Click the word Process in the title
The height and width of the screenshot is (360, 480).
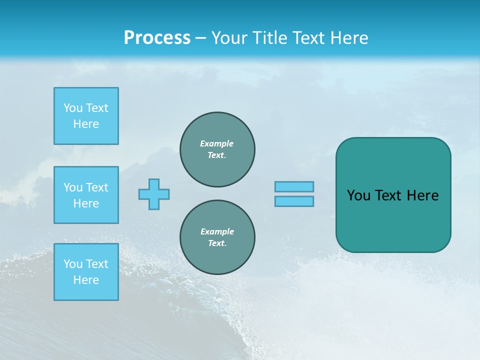click(157, 38)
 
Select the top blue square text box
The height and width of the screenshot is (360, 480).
click(86, 116)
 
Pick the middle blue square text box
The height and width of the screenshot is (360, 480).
click(86, 195)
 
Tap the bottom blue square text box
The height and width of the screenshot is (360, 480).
click(86, 272)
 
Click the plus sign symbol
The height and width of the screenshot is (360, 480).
click(154, 194)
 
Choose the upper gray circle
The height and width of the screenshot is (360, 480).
click(217, 149)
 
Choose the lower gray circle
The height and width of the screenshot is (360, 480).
click(217, 237)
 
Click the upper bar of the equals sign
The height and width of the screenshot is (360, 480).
click(294, 186)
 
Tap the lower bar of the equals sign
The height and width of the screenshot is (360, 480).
click(294, 201)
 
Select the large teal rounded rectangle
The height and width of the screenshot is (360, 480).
click(393, 220)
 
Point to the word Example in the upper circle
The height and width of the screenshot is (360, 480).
click(216, 143)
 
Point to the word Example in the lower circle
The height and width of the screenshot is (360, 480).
click(217, 231)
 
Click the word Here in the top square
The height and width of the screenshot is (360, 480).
click(86, 124)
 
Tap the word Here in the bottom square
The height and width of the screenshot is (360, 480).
click(86, 280)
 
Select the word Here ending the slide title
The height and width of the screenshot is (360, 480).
click(349, 38)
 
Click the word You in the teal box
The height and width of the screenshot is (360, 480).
click(358, 195)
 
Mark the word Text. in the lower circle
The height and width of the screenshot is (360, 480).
click(217, 243)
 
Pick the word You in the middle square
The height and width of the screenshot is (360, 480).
click(73, 187)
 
